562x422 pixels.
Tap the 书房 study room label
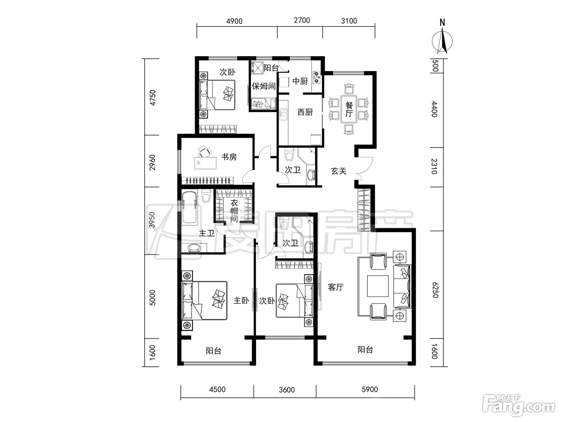(229, 157)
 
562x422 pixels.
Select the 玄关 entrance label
(338, 171)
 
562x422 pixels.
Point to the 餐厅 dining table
(349, 109)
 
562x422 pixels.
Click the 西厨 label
(305, 112)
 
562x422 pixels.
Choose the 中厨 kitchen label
(300, 81)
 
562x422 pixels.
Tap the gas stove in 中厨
(317, 77)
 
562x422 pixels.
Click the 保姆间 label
(263, 86)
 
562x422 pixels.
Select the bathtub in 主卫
(189, 209)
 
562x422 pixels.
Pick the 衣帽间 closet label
(234, 211)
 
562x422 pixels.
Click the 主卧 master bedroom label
(241, 301)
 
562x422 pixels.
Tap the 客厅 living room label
(336, 287)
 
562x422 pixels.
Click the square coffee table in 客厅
(378, 286)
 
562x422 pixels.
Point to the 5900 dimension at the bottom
(370, 389)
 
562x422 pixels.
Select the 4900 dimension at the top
(234, 21)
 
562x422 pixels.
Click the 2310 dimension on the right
(434, 166)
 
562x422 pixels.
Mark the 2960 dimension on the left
(152, 162)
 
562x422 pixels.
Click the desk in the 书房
(205, 163)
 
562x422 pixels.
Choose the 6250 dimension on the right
(435, 290)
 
